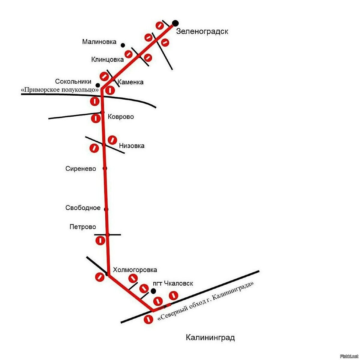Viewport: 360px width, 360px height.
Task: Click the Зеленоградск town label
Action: [202, 31]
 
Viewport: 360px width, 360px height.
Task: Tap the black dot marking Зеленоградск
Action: [175, 23]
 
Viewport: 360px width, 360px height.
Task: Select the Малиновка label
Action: [99, 42]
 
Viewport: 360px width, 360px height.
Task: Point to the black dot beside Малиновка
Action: [123, 45]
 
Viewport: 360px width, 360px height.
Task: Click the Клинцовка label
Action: [107, 59]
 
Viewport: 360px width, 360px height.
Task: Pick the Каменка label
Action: [130, 82]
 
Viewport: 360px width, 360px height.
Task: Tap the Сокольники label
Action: [73, 81]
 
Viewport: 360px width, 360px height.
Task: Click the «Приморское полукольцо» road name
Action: [60, 89]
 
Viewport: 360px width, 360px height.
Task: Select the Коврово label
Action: [121, 117]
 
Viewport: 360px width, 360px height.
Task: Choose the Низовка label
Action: [132, 146]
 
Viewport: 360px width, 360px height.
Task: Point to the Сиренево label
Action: [81, 169]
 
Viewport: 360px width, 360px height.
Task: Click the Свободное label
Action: [83, 208]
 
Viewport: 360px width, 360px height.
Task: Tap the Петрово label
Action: [83, 227]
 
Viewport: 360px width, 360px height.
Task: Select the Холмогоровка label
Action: [135, 270]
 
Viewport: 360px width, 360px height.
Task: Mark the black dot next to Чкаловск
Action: [153, 291]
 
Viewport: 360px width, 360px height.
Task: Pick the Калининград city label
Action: [210, 337]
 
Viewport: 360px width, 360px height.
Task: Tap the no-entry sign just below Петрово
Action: [100, 240]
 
